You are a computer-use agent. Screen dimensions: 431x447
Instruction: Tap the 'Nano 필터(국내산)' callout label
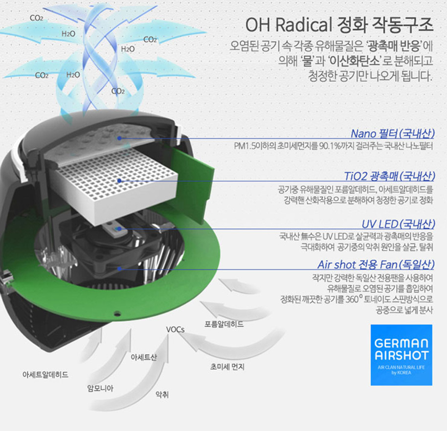point(392,134)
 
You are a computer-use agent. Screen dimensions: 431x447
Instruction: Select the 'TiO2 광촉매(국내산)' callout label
point(389,176)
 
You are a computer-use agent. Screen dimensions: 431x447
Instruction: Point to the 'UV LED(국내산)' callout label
point(398,224)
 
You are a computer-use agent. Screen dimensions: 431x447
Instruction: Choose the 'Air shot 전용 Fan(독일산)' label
point(376,265)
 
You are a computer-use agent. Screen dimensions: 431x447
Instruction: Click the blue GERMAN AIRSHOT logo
point(401,354)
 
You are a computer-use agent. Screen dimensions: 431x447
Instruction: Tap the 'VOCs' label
point(175,329)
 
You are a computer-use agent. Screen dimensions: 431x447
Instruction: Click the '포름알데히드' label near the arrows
point(224,324)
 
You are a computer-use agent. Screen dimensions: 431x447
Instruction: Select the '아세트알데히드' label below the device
point(45,375)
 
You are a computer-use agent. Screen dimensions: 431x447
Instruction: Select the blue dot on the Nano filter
point(120,138)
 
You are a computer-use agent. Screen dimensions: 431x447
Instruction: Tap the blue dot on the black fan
point(120,268)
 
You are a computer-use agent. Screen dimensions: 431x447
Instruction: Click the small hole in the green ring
point(117,312)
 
